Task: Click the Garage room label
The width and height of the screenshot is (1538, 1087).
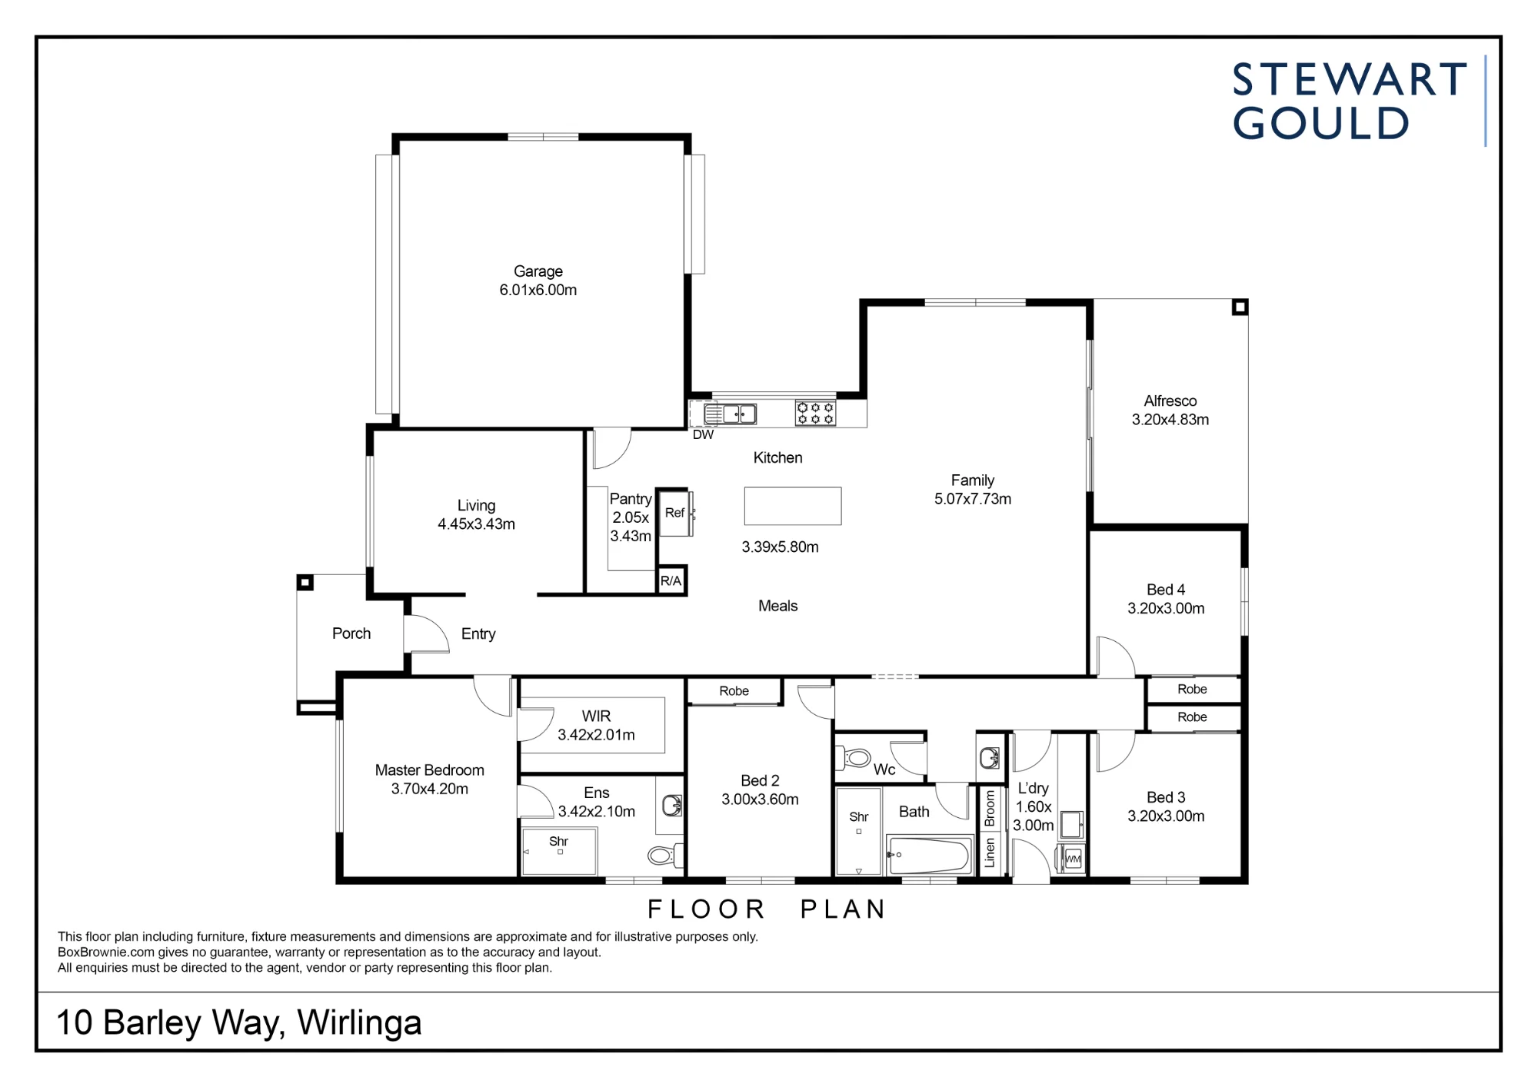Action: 538,271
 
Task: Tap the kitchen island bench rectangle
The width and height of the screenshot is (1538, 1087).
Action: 793,506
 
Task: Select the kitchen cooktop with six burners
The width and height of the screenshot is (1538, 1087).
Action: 815,414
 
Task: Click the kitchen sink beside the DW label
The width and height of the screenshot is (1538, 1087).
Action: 731,414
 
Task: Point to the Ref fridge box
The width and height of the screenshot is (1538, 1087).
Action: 675,513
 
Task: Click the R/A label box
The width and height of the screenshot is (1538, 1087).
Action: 671,581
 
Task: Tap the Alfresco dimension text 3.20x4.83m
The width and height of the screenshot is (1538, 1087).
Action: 1170,420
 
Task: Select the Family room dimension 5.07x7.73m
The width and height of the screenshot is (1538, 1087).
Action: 973,499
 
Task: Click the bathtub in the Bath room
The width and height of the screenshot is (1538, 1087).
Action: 929,856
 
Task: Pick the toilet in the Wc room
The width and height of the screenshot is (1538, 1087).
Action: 856,759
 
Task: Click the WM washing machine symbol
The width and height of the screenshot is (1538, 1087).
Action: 1074,859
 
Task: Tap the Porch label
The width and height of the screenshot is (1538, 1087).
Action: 351,633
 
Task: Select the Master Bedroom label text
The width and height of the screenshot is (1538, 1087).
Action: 430,770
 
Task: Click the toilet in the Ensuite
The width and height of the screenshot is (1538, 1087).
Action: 665,855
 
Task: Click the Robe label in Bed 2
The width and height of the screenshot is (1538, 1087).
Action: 734,691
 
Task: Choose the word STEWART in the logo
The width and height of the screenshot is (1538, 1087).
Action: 1350,80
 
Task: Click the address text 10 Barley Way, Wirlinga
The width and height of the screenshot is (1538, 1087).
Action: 239,1023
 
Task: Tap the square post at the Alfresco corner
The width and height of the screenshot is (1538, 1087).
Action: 1240,307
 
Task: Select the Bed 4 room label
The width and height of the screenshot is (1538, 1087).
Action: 1166,590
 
